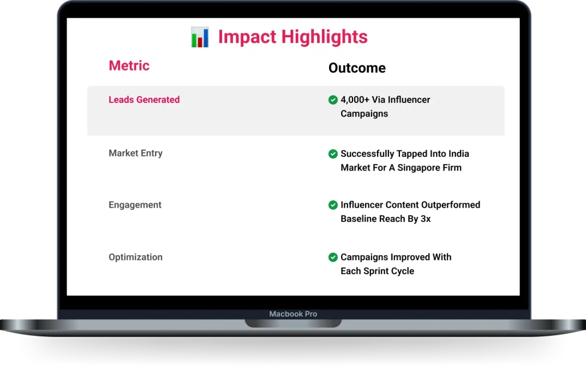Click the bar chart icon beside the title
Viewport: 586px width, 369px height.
(x=200, y=37)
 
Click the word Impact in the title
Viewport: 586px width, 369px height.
(x=247, y=37)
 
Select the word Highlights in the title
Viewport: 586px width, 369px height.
(x=324, y=37)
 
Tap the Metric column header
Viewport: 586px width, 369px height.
(x=129, y=66)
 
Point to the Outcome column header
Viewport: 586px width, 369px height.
(x=357, y=68)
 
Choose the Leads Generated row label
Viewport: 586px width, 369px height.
(x=144, y=100)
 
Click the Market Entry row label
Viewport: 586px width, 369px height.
(x=136, y=153)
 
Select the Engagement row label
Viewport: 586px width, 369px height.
(x=135, y=205)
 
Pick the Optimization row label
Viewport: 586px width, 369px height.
(x=136, y=257)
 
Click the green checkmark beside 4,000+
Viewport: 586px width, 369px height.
(x=333, y=100)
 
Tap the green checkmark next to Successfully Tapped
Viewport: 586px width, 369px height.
(x=333, y=154)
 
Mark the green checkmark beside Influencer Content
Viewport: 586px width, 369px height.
(x=333, y=205)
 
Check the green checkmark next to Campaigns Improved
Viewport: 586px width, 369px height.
(x=333, y=257)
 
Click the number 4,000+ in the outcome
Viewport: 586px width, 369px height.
(x=355, y=100)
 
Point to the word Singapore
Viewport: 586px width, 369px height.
(x=418, y=168)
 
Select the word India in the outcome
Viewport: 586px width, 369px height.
(x=458, y=153)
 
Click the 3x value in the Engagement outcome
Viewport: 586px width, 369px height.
(x=426, y=219)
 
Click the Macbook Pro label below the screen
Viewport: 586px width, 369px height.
(x=293, y=314)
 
